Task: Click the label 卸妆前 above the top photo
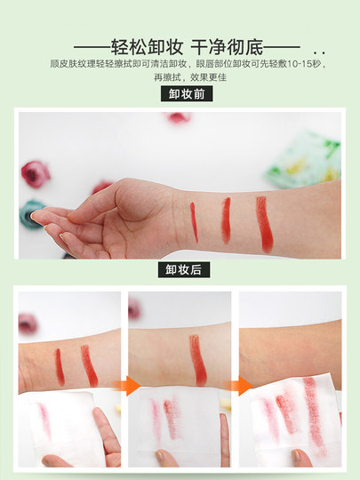187,94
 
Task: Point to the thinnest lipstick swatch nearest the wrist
194,222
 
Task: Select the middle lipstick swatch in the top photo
226,220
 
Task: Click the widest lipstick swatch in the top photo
263,223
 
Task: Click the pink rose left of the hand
35,172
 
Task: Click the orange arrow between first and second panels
132,385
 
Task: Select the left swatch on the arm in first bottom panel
60,365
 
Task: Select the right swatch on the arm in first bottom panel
88,364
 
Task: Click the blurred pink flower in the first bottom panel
28,323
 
